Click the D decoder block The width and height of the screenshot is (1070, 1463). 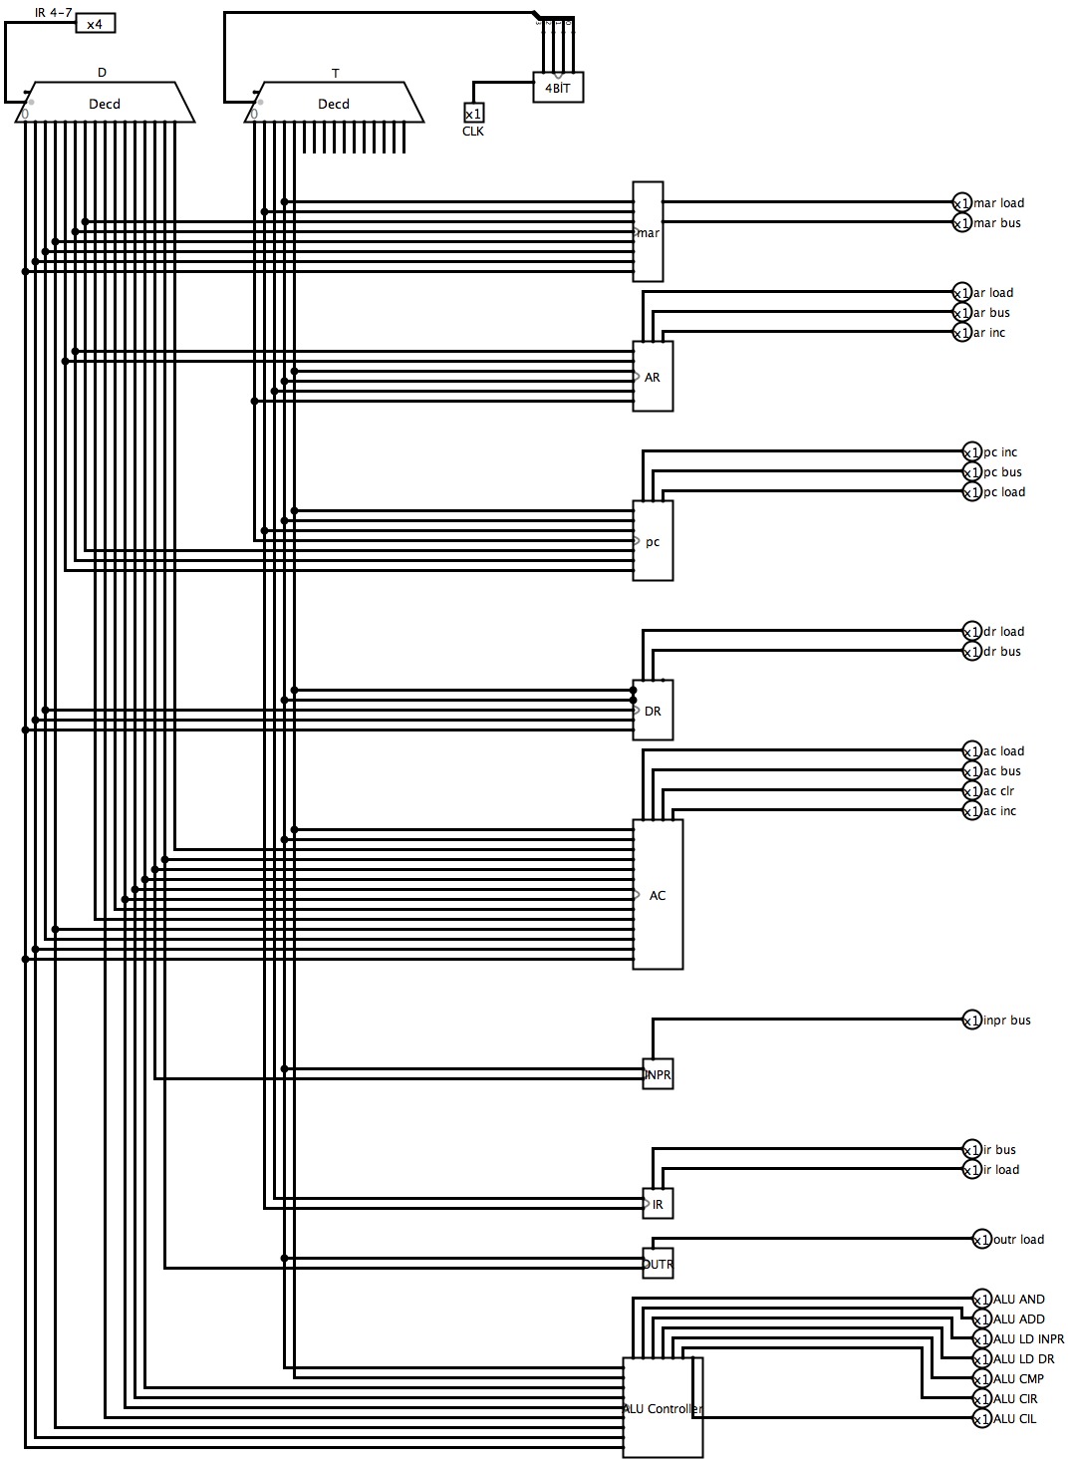tap(105, 103)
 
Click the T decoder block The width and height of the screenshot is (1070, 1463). tap(334, 103)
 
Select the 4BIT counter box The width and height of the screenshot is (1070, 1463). tap(558, 88)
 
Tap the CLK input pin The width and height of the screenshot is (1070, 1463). tap(474, 114)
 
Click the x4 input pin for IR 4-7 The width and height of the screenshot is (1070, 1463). tap(96, 23)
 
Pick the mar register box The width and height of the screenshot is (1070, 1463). tap(648, 231)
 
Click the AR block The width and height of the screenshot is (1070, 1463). tap(653, 377)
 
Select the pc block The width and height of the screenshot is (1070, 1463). tap(653, 541)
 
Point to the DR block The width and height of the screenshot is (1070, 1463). tap(653, 711)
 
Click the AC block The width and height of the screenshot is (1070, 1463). tap(658, 894)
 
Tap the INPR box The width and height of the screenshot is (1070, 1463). tap(658, 1074)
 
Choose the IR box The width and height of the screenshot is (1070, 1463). tap(658, 1204)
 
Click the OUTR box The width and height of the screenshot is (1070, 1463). tap(658, 1264)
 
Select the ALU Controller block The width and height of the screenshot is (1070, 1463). tap(663, 1407)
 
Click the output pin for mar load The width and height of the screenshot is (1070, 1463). tap(961, 202)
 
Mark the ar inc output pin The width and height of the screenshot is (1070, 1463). tap(961, 332)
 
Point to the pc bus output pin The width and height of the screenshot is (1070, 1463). tap(971, 471)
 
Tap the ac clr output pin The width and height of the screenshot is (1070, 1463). tap(971, 790)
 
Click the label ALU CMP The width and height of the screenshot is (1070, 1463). tap(1018, 1378)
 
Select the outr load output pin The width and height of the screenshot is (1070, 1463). tap(981, 1239)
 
